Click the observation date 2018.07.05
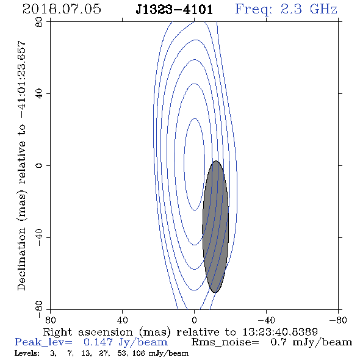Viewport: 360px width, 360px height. tap(62, 9)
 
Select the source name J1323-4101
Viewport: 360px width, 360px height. tap(174, 10)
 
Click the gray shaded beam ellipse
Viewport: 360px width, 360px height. tap(215, 226)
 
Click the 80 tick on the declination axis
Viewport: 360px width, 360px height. tap(39, 22)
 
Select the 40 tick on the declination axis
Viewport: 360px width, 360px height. tap(39, 94)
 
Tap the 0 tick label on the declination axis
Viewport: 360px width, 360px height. tap(39, 165)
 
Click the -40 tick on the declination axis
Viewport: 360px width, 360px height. tap(39, 237)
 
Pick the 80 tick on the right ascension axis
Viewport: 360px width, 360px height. tap(50, 320)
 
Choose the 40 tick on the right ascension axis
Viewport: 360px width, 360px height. tap(122, 320)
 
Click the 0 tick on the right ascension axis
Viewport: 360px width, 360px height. tap(194, 320)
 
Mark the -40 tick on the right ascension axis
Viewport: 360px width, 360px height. tap(266, 320)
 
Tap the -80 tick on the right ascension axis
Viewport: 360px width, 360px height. tap(338, 320)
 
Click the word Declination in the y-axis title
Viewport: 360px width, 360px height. tap(21, 259)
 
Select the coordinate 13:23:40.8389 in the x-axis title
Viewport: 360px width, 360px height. tap(280, 332)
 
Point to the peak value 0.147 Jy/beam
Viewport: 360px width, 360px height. tap(125, 342)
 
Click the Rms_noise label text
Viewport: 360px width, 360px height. tap(225, 342)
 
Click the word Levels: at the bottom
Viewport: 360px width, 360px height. tap(27, 353)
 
